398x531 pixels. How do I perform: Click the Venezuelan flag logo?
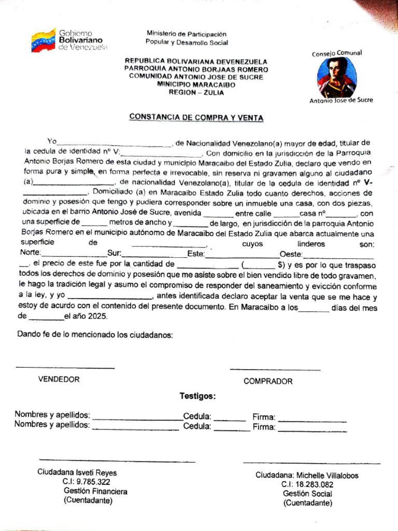(43, 40)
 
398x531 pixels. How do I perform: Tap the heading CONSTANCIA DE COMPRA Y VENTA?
(196, 118)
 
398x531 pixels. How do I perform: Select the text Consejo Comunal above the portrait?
(336, 53)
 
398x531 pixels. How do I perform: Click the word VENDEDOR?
(59, 379)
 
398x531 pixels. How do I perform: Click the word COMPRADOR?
(268, 381)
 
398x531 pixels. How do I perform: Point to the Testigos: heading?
(197, 396)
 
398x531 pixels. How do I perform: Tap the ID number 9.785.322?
(93, 482)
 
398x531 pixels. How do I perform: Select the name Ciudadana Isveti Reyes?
(77, 472)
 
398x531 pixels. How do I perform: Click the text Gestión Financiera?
(95, 491)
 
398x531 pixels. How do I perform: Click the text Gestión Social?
(308, 494)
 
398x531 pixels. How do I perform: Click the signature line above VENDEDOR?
(65, 368)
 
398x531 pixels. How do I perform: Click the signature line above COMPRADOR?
(275, 370)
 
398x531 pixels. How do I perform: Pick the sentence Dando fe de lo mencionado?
(95, 335)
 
